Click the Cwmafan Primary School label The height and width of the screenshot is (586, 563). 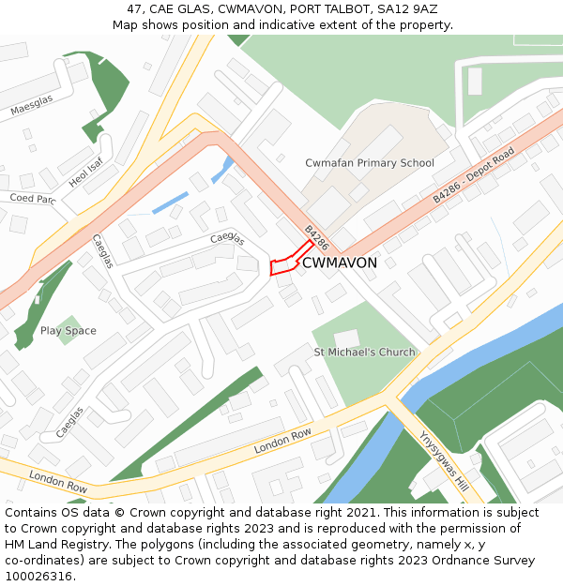(369, 163)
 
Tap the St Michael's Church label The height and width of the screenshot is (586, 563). (364, 353)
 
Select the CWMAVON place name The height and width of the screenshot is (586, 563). (340, 263)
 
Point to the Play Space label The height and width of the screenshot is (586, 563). (68, 331)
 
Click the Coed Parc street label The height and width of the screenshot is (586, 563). (33, 199)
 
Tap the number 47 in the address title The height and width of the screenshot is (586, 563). (134, 9)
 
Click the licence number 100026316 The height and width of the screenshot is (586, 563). (38, 576)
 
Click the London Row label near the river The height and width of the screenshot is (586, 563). (282, 441)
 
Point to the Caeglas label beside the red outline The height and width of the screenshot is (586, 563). (227, 239)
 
